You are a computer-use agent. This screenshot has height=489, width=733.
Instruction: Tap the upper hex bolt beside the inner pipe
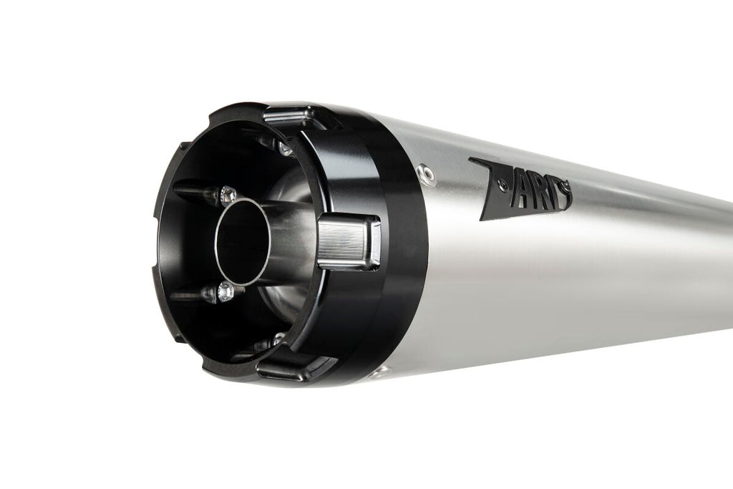tap(228, 195)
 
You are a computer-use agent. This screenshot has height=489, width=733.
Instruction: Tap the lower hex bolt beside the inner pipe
tap(225, 291)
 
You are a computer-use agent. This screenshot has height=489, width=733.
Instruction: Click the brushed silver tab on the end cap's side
tap(349, 242)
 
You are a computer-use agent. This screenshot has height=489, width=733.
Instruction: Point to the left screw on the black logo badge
tap(503, 187)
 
